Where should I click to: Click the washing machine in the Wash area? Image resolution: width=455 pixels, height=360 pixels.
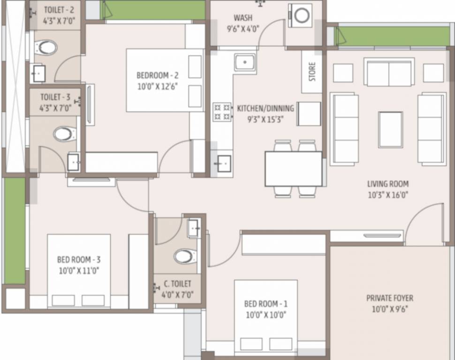tap(300, 15)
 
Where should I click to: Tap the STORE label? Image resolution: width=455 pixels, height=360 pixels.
tap(312, 72)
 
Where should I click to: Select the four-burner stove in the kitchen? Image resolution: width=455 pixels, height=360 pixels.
tap(222, 112)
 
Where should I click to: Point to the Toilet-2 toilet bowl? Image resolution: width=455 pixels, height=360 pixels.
tap(45, 47)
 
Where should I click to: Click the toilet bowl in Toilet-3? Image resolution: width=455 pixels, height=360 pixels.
tap(64, 134)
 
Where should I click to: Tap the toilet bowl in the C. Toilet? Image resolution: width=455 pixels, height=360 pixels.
tap(185, 256)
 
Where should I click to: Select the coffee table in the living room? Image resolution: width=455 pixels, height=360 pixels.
tap(391, 130)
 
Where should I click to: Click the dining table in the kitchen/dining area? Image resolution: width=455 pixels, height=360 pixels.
tap(293, 169)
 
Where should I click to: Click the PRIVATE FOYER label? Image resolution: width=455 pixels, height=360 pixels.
tap(390, 298)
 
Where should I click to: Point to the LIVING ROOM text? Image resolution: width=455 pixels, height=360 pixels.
tap(388, 184)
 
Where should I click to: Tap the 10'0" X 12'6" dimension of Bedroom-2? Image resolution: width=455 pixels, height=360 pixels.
tap(157, 86)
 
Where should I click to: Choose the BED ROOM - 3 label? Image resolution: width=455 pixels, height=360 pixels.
tap(79, 259)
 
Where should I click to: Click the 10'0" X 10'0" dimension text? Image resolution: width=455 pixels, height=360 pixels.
tap(266, 315)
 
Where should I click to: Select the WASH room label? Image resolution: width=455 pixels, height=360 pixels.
tap(243, 18)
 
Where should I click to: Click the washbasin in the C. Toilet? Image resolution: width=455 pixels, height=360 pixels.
tap(194, 228)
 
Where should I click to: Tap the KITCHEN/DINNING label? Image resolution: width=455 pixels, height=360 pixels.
tap(265, 108)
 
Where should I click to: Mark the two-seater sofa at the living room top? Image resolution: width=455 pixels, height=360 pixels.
tap(389, 72)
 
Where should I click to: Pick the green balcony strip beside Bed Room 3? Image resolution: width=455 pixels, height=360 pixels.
tap(15, 231)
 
